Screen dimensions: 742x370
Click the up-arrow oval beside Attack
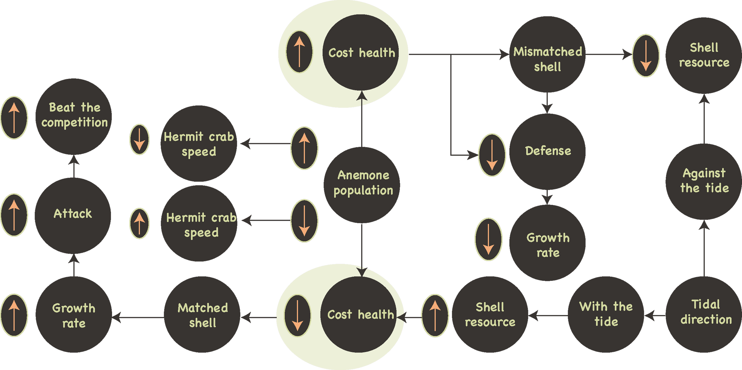(14, 215)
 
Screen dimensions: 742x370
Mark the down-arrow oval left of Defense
(492, 155)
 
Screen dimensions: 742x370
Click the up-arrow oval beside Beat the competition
(14, 118)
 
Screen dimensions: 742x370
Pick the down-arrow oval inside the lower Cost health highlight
(297, 316)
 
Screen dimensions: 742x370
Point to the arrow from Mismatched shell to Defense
(547, 103)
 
